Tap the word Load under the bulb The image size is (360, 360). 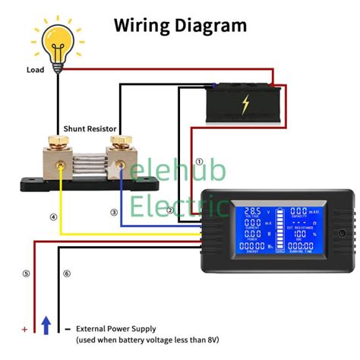tap(36, 70)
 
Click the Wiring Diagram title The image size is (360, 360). tap(180, 25)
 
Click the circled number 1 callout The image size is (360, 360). tap(200, 161)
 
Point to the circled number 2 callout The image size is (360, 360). tap(171, 210)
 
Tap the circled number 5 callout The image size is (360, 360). tap(26, 273)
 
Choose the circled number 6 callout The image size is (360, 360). tap(66, 273)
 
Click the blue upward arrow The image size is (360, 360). tap(46, 325)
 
